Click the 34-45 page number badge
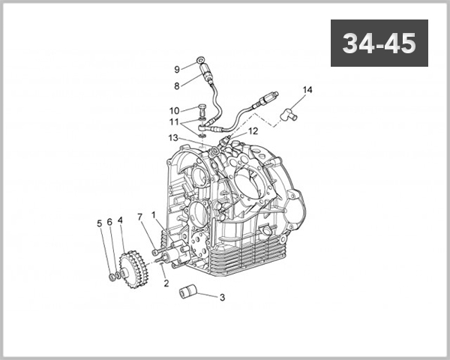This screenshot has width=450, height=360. tap(379, 43)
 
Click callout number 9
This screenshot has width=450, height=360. tap(177, 70)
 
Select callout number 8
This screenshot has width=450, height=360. tap(177, 85)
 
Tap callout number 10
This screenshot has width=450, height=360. tap(174, 111)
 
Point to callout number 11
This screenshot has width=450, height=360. tap(174, 121)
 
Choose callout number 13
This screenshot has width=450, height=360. tap(174, 137)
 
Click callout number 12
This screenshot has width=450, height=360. tap(253, 130)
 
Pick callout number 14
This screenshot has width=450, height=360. tap(307, 90)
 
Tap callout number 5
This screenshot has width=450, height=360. tap(99, 223)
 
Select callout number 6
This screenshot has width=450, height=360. tap(109, 222)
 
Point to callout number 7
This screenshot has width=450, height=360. tap(139, 217)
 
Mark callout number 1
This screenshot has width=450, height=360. tap(154, 214)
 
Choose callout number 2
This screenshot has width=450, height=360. tap(166, 283)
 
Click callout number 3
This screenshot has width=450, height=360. tap(222, 297)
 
